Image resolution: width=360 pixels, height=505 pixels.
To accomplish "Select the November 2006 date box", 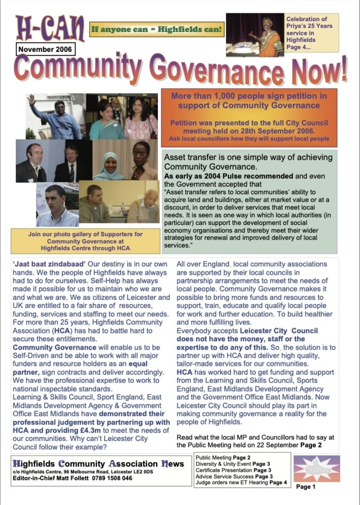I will pyautogui.click(x=45, y=49).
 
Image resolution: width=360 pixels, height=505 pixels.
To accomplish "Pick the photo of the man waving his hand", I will pyautogui.click(x=55, y=116).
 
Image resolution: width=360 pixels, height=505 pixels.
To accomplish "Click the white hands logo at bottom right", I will pyautogui.click(x=317, y=469).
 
